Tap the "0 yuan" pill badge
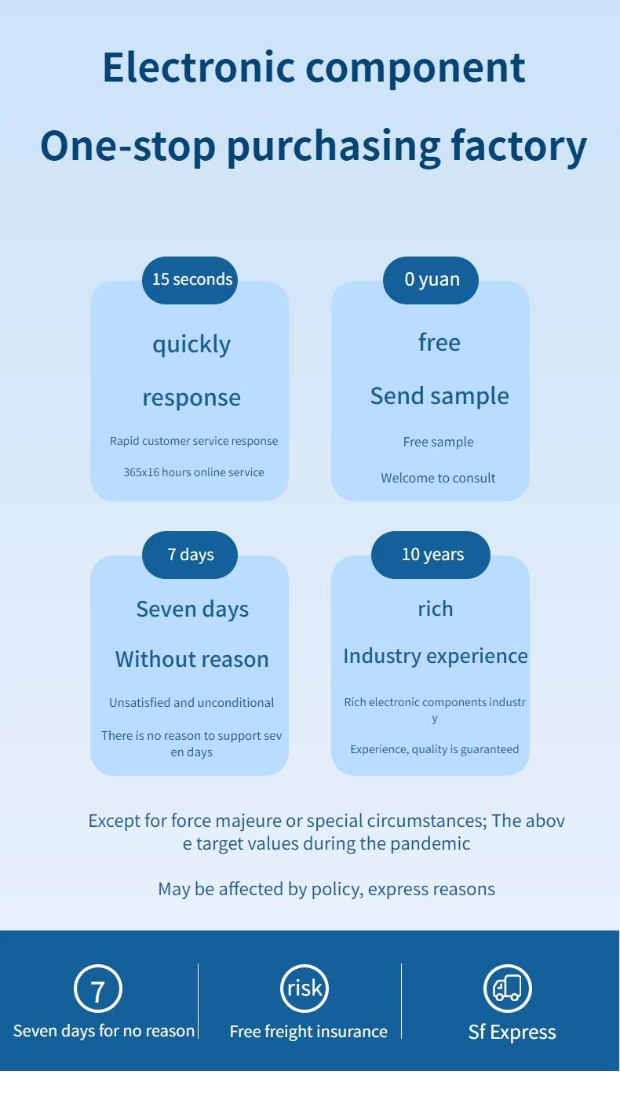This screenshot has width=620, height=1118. click(x=431, y=280)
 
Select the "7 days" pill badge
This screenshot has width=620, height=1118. click(x=190, y=555)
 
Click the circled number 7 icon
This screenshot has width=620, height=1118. click(x=98, y=989)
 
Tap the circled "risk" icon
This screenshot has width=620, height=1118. click(x=305, y=988)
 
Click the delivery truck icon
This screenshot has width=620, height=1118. click(x=508, y=989)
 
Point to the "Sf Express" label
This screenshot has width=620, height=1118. click(x=512, y=1032)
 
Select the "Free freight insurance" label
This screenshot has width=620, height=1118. click(x=308, y=1032)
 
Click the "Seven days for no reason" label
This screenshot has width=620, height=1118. click(x=104, y=1031)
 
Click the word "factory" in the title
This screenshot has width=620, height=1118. click(x=518, y=146)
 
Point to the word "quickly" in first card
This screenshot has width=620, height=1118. click(x=191, y=344)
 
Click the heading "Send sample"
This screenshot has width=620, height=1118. click(x=439, y=396)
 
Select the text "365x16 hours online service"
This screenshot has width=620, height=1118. click(x=194, y=472)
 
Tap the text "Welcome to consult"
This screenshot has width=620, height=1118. click(x=438, y=478)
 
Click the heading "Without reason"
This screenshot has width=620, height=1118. click(x=191, y=660)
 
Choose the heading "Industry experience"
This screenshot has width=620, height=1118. click(x=436, y=656)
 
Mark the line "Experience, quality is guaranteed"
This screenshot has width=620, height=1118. click(x=435, y=749)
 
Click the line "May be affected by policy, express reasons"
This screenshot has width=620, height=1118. click(x=326, y=889)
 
